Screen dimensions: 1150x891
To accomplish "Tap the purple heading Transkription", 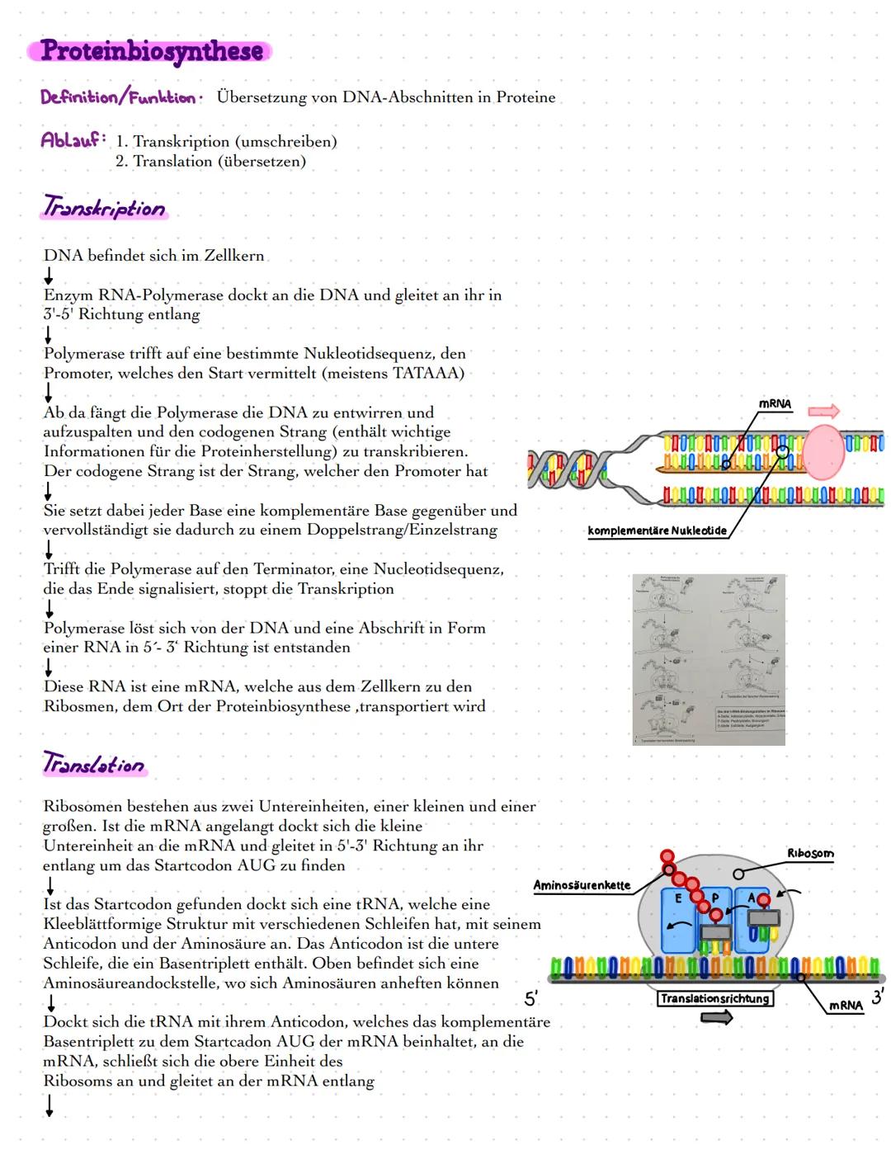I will click(104, 207).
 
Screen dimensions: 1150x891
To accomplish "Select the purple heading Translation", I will click(94, 764).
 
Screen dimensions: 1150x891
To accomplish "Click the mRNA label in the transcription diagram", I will click(775, 403).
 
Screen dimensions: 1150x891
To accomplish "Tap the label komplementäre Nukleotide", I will click(657, 530).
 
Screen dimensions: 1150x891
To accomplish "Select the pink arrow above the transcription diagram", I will click(823, 410).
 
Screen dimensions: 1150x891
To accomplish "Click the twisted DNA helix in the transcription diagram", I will click(569, 469).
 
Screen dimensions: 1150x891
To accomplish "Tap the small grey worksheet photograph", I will click(709, 659).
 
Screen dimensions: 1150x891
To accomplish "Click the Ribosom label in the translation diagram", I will click(809, 854).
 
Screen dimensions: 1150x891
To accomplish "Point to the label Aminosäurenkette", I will click(582, 886).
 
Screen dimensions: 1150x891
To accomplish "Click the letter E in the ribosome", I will click(679, 898).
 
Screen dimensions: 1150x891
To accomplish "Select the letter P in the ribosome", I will click(715, 898).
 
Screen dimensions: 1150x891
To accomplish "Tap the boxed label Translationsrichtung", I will click(714, 999).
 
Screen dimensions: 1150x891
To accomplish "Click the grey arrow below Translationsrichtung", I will click(716, 1018).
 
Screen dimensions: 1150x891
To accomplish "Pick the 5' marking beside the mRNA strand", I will click(531, 999).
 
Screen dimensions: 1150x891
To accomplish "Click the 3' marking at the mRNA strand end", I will click(877, 997).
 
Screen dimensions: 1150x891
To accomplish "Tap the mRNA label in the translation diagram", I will click(846, 1006).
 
